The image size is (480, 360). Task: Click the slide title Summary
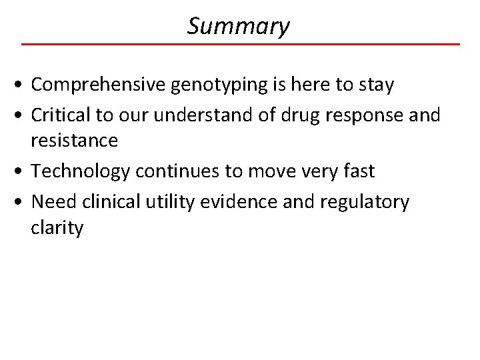click(239, 26)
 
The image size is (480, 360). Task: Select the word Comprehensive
click(101, 85)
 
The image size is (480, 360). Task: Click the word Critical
click(61, 115)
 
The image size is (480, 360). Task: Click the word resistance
click(74, 141)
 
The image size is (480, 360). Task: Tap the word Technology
click(81, 171)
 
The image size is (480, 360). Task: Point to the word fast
click(357, 171)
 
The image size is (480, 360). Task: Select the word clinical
click(110, 201)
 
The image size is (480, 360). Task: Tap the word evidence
click(237, 201)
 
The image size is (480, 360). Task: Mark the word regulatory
click(365, 202)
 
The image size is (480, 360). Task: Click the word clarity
click(57, 228)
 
